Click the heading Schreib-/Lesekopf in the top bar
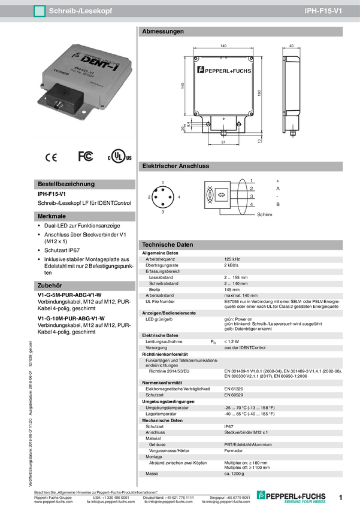[x=80, y=11]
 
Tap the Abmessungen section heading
[x=162, y=32]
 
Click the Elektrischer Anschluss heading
[x=175, y=166]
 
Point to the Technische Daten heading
[x=167, y=245]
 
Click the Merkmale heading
[x=52, y=216]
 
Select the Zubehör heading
[x=50, y=286]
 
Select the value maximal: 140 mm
[x=241, y=295]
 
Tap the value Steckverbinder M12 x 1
[x=246, y=432]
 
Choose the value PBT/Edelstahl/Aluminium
[x=248, y=444]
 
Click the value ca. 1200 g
[x=235, y=474]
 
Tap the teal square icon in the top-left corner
[x=40, y=11]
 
